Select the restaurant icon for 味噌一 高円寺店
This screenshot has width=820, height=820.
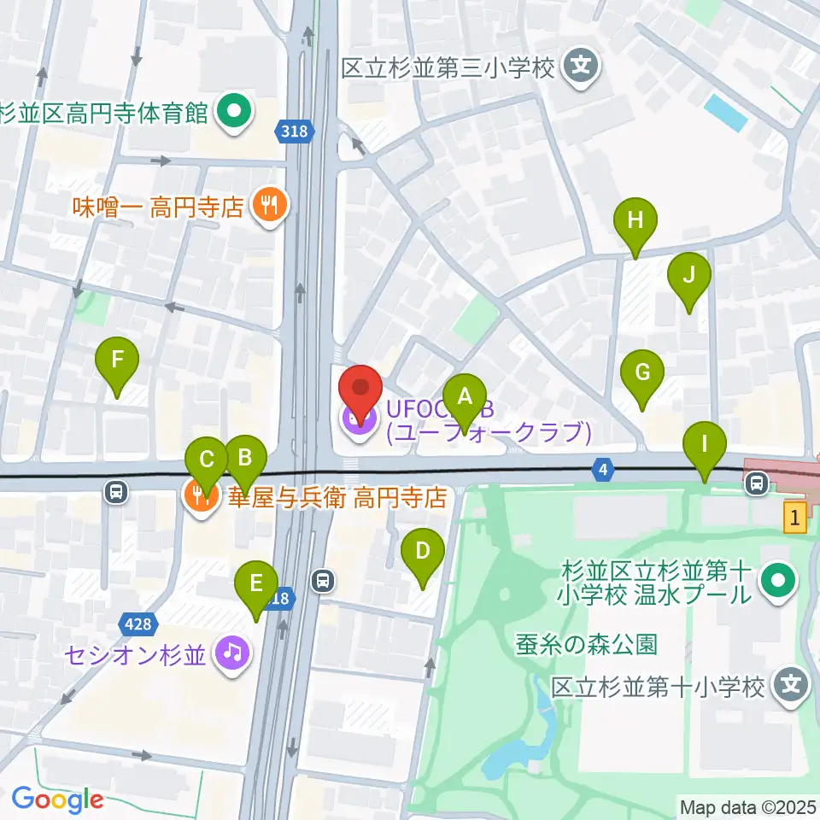point(270,206)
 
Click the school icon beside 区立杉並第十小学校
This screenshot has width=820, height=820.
point(792,685)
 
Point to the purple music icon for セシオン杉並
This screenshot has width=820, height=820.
point(231,654)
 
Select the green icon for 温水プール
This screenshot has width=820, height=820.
point(779,583)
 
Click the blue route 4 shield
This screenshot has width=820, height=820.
point(603,468)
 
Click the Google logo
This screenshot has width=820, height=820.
point(57,799)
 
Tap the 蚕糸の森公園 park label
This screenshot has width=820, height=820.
point(586,644)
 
